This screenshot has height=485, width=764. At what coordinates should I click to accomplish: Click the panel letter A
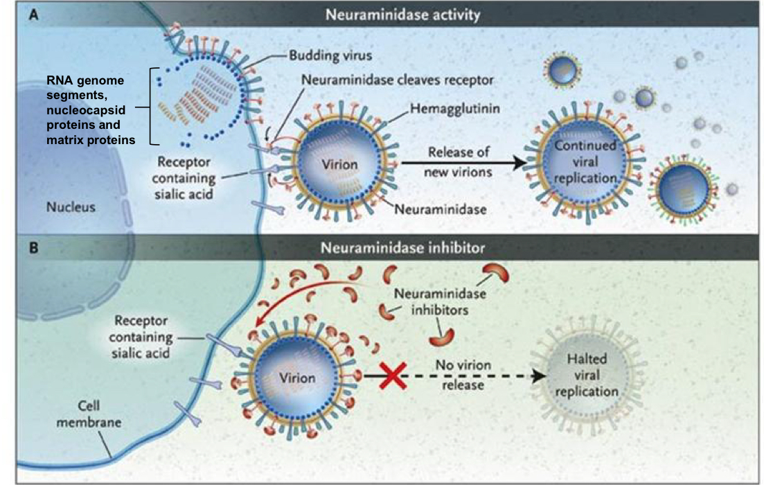tap(32, 14)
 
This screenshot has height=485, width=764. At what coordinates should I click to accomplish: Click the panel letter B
tap(32, 245)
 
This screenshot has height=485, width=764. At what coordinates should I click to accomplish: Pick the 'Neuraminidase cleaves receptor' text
tap(398, 80)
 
